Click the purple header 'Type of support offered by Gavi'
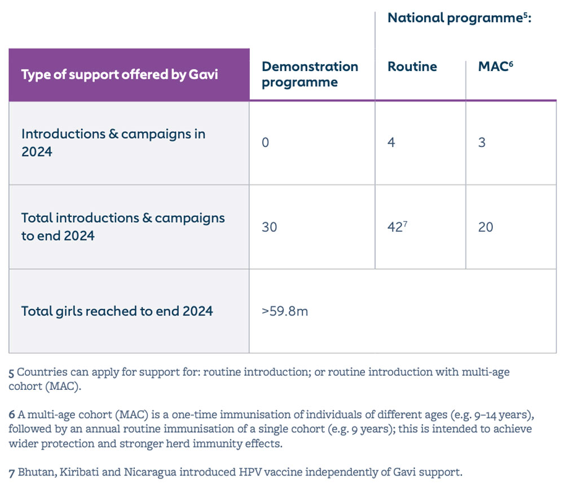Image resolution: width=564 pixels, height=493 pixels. [x=120, y=74]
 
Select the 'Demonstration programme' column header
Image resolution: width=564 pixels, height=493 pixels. [x=310, y=74]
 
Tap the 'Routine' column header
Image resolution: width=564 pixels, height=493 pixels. [x=412, y=66]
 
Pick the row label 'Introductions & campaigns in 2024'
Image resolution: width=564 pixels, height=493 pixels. [x=113, y=143]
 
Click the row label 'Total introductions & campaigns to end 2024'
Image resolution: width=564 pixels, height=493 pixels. [x=123, y=226]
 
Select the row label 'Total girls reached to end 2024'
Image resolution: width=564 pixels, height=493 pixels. [x=117, y=310]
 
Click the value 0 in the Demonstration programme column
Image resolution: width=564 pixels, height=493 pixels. [x=266, y=143]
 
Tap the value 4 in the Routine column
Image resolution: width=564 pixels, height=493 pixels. [x=391, y=143]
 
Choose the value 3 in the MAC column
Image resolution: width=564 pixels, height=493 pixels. [x=482, y=143]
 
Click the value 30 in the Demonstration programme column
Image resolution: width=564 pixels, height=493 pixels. [x=270, y=227]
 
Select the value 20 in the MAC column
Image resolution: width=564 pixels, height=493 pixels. [x=485, y=227]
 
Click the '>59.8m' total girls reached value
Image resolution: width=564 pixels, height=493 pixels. [x=285, y=311]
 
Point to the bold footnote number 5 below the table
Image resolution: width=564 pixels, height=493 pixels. [x=12, y=373]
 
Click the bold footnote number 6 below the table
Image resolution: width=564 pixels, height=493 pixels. [x=12, y=415]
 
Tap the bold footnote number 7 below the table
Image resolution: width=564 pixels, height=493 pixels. [x=12, y=472]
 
